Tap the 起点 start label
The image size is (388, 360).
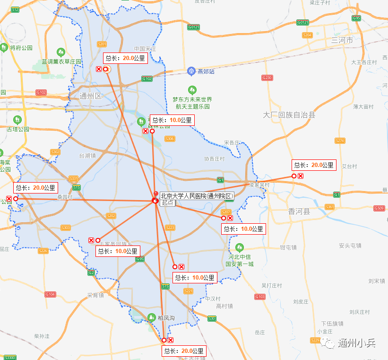click(x=167, y=203)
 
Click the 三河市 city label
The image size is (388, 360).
click(x=342, y=40)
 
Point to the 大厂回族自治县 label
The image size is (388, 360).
click(x=289, y=115)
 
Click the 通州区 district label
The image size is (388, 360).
click(x=91, y=96)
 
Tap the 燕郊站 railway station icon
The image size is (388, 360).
click(x=191, y=71)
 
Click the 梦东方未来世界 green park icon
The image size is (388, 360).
click(x=192, y=89)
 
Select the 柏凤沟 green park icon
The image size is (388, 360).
click(x=151, y=317)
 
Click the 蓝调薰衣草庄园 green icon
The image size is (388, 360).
click(x=60, y=52)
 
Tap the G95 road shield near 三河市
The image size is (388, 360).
click(x=356, y=18)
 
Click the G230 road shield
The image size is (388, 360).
click(x=267, y=77)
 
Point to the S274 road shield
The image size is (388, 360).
click(x=340, y=140)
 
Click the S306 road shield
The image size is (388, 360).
click(x=170, y=139)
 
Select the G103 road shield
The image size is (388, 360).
click(x=259, y=297)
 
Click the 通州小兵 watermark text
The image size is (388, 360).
click(x=356, y=343)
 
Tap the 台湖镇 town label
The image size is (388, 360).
click(x=87, y=155)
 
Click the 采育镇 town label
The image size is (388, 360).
click(x=95, y=295)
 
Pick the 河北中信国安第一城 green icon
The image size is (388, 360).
click(x=240, y=247)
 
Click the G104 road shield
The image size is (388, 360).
click(x=50, y=294)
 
